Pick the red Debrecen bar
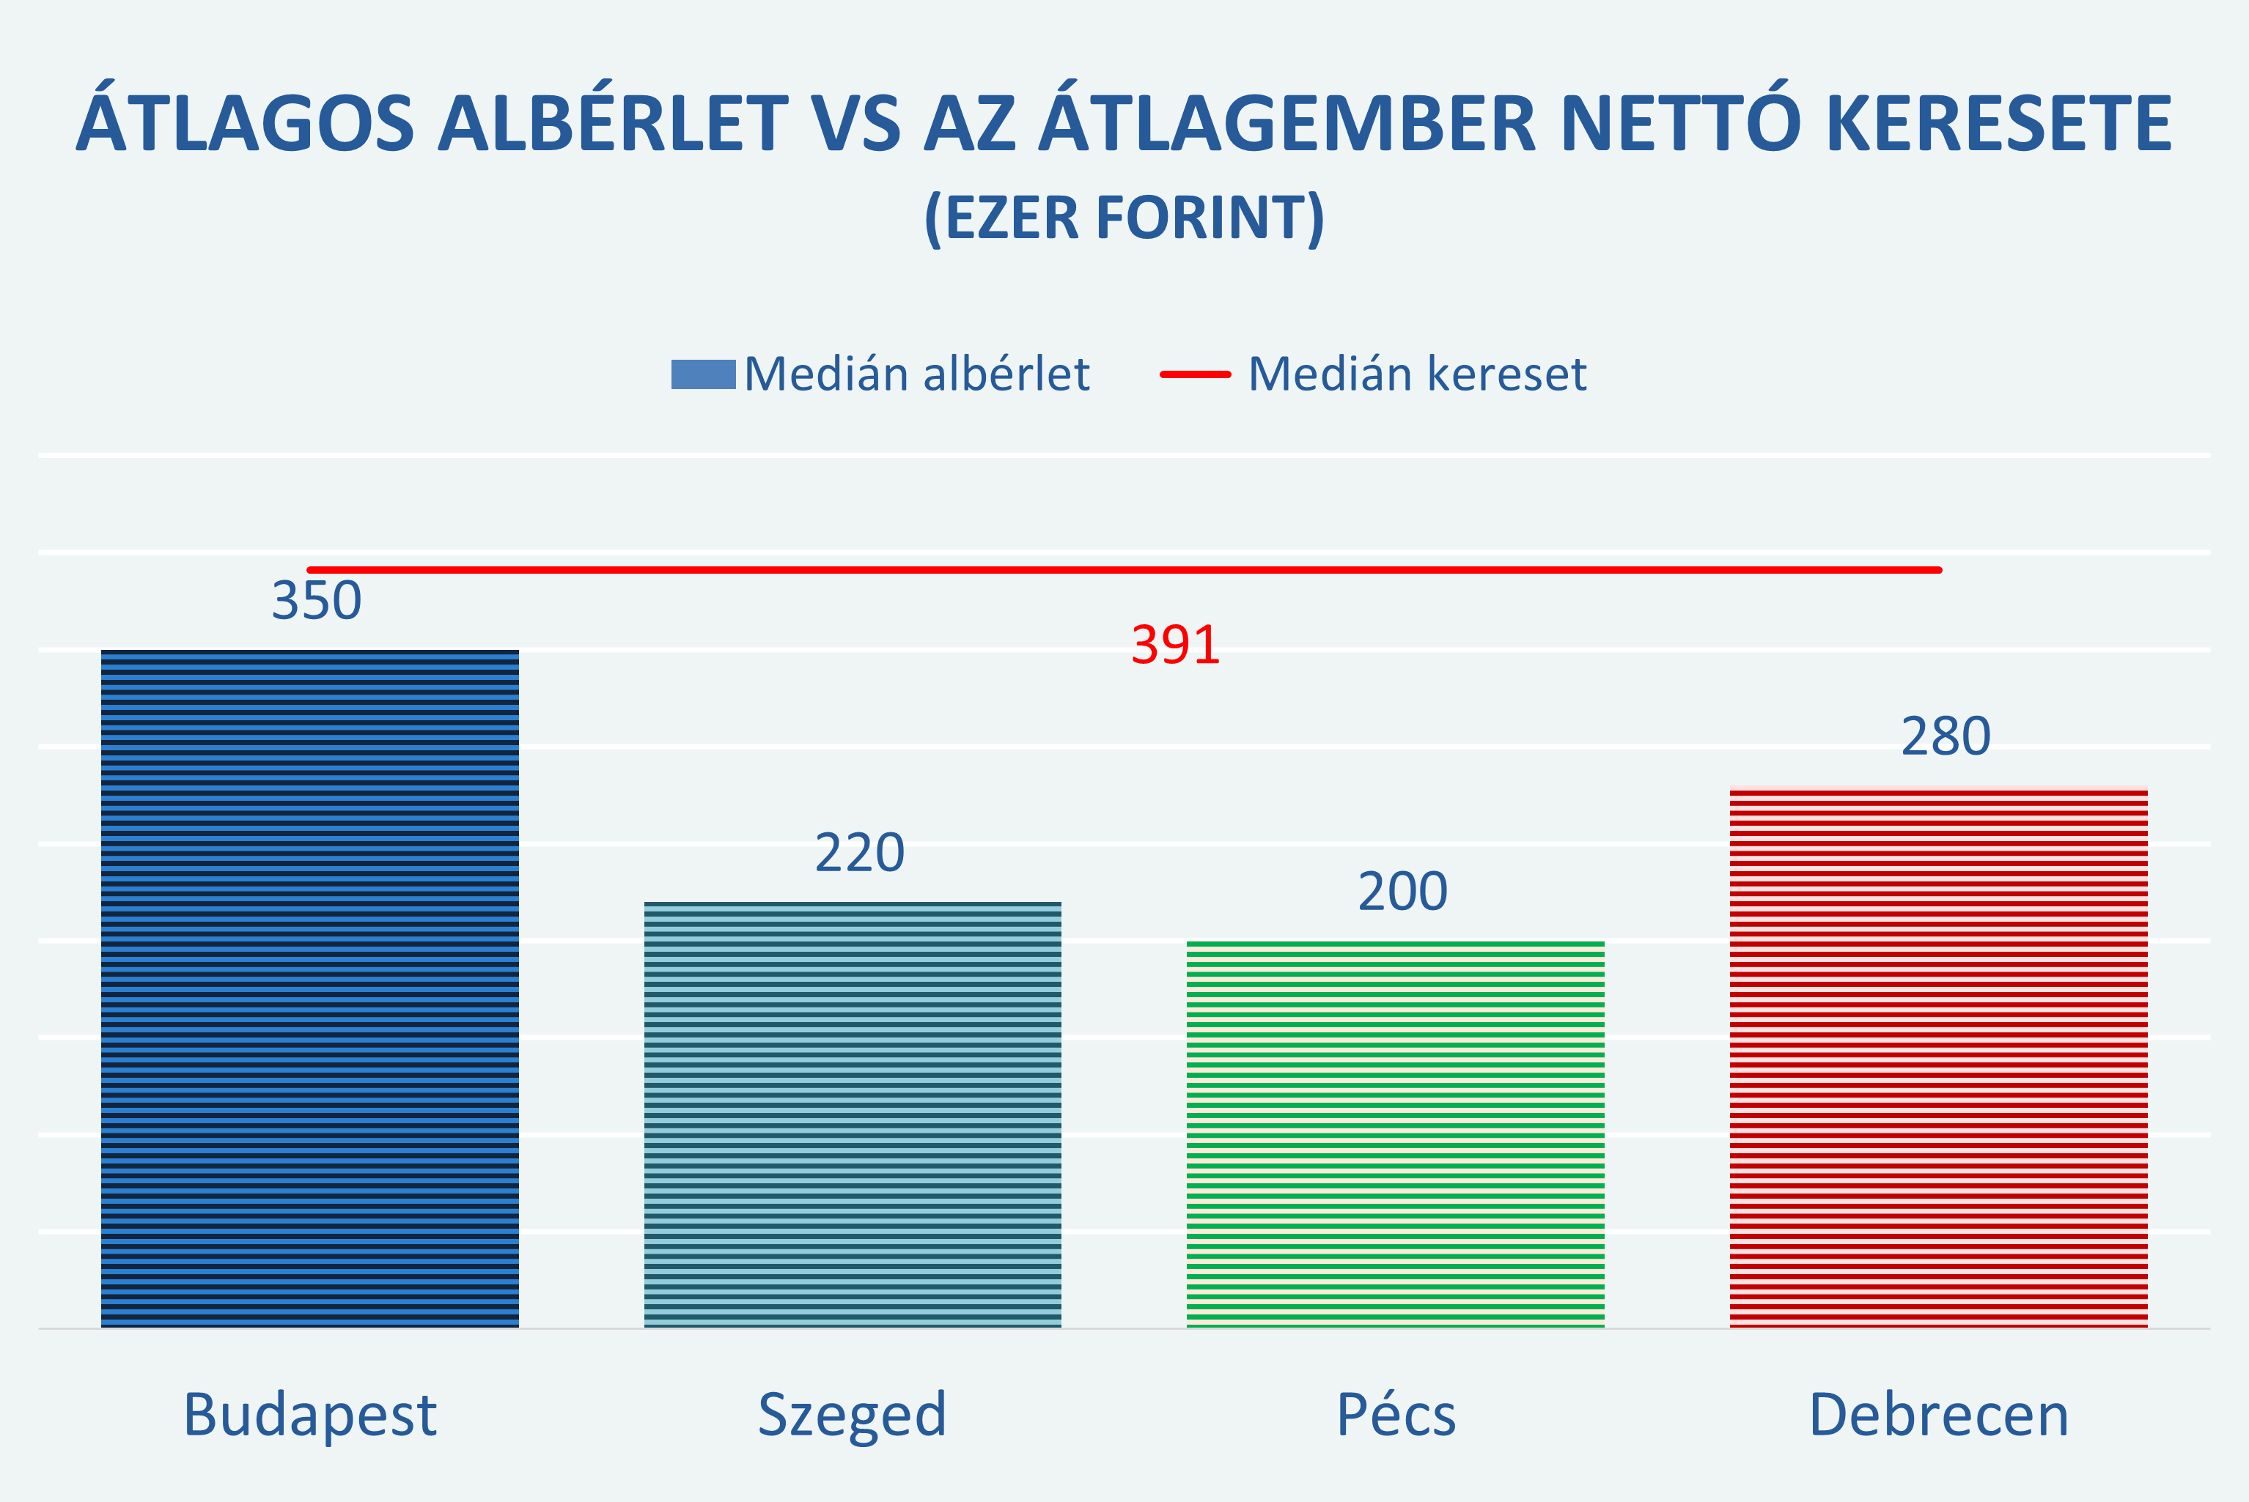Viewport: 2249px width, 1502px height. [x=1937, y=1056]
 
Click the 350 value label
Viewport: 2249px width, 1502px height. [x=316, y=601]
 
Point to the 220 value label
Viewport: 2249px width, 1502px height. [x=860, y=853]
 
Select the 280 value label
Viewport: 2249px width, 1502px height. [x=1946, y=736]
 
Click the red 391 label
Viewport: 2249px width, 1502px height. [x=1176, y=645]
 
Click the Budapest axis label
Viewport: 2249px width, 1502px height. [x=309, y=1415]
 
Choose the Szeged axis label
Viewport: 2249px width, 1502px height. [x=852, y=1415]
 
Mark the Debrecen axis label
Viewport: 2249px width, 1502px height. [x=1938, y=1415]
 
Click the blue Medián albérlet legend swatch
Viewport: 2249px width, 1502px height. [x=702, y=374]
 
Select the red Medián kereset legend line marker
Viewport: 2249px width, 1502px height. [x=1195, y=374]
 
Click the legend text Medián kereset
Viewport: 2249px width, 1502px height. [x=1417, y=374]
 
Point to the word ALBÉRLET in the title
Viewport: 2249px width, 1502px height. [x=614, y=122]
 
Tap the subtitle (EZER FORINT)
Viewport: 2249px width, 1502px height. [x=1124, y=218]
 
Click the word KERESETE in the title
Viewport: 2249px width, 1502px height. [x=1999, y=122]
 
